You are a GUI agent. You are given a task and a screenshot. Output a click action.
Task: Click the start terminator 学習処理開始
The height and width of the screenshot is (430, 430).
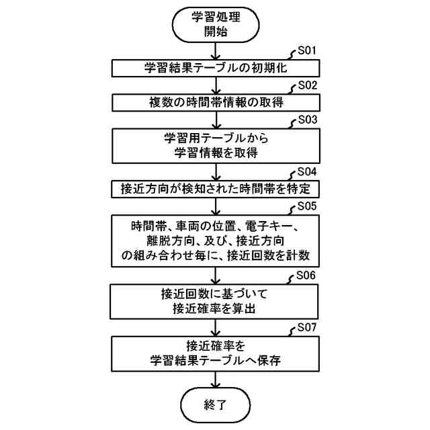click(x=215, y=25)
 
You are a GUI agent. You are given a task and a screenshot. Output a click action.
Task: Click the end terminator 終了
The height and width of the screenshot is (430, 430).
click(x=215, y=404)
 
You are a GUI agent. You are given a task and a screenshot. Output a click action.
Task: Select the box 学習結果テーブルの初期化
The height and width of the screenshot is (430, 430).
click(x=215, y=68)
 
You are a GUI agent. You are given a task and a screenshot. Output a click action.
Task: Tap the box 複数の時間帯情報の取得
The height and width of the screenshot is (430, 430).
click(x=215, y=103)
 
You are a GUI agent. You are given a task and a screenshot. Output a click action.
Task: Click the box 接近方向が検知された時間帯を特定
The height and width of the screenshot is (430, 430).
click(x=215, y=188)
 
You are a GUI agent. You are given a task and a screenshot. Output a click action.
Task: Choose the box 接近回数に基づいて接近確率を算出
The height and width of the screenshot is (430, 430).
click(x=215, y=300)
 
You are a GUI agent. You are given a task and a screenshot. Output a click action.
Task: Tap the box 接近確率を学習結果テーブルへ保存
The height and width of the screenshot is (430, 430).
click(x=215, y=353)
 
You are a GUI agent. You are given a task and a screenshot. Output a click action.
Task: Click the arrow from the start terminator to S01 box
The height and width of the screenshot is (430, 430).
click(x=215, y=52)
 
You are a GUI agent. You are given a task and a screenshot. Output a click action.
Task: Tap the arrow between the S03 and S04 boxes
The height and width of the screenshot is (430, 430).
click(x=215, y=171)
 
